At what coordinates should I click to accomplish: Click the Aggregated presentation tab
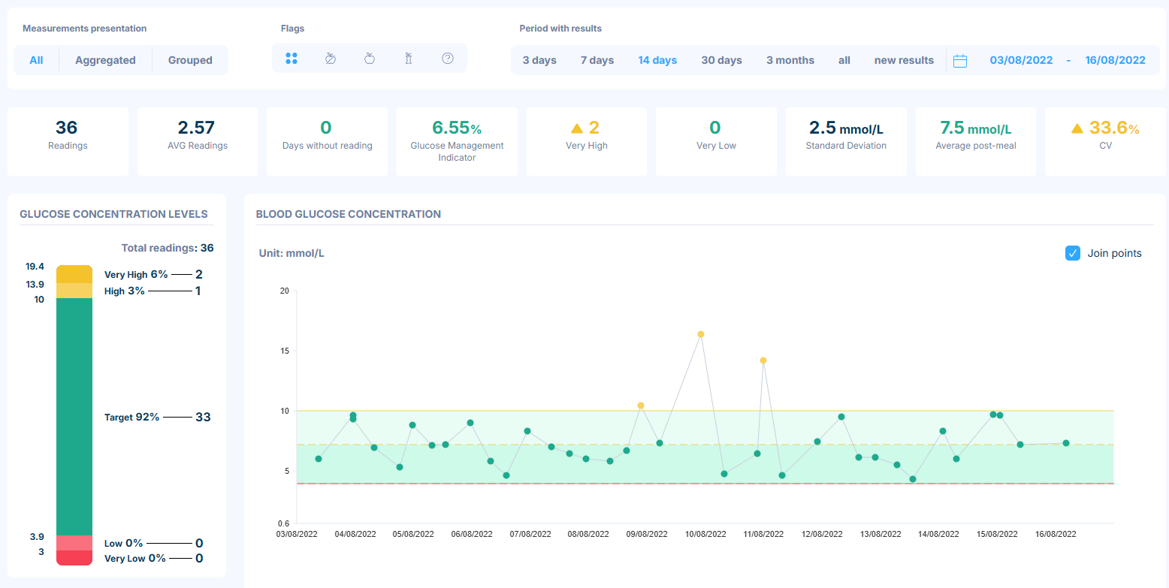[x=105, y=60]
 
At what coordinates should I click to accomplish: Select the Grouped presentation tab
[x=190, y=60]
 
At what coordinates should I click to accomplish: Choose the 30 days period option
[x=721, y=60]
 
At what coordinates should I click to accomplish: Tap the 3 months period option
[x=790, y=60]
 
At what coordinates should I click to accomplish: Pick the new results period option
[x=904, y=60]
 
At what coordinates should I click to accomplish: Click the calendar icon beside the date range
[x=959, y=61]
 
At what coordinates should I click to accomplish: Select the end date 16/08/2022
[x=1115, y=60]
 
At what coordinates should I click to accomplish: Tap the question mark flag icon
[x=447, y=59]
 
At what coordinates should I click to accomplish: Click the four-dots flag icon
[x=291, y=59]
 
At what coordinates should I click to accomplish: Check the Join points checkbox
[x=1072, y=253]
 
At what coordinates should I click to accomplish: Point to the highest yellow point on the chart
[x=701, y=334]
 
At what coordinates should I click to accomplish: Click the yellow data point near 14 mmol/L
[x=763, y=360]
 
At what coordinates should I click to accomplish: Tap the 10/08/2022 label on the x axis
[x=705, y=534]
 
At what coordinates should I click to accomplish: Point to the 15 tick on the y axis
[x=285, y=351]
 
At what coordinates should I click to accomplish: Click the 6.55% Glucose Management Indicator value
[x=457, y=128]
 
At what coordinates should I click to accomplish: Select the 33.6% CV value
[x=1114, y=128]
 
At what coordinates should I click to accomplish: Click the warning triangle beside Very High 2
[x=577, y=128]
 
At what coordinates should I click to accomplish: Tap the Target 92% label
[x=131, y=417]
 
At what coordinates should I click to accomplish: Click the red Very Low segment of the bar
[x=74, y=558]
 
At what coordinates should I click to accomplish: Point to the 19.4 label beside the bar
[x=35, y=266]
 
